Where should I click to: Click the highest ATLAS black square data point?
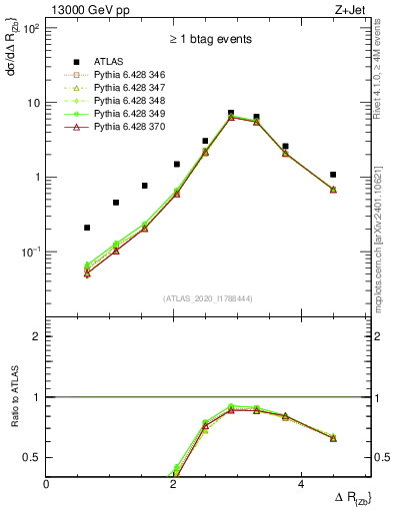[x=231, y=113]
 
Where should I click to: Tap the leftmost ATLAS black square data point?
[x=87, y=228]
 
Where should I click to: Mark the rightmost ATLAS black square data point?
[x=333, y=175]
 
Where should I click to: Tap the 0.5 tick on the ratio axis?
[x=33, y=457]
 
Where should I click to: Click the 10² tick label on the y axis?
[x=30, y=28]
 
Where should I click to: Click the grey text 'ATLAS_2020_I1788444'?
[x=208, y=297]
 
